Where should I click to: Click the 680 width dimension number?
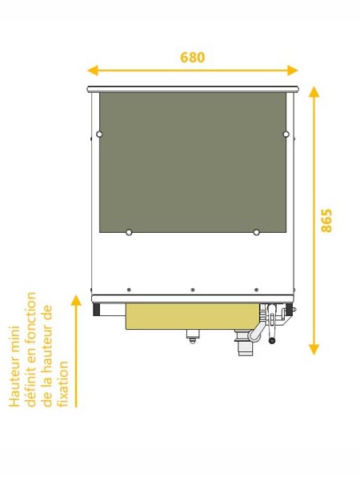[193, 58]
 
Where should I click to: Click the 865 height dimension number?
[327, 221]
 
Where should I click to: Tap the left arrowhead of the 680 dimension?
[93, 70]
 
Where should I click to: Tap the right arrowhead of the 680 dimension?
[292, 70]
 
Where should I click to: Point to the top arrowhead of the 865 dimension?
[314, 91]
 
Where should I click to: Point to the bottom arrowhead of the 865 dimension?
[314, 350]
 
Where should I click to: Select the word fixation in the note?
[63, 384]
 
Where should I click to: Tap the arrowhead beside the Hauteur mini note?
[76, 300]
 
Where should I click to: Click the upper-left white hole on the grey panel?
[99, 134]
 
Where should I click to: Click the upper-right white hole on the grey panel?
[286, 134]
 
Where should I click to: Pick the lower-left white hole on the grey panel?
[129, 232]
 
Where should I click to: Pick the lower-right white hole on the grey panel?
[256, 232]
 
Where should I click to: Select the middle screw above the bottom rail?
[193, 290]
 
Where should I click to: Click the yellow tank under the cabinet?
[193, 316]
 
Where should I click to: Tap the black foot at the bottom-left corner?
[96, 310]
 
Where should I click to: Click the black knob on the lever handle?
[272, 340]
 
